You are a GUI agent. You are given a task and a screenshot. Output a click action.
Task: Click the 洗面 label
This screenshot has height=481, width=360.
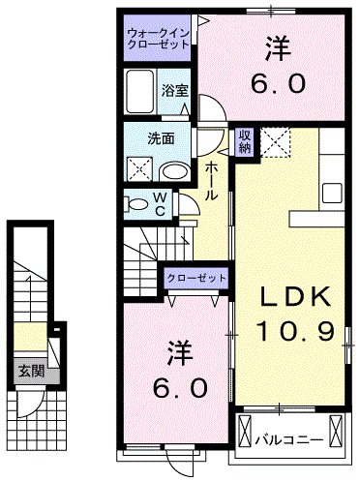(x=162, y=137)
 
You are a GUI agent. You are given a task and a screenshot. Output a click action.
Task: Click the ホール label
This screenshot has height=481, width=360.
(x=210, y=180)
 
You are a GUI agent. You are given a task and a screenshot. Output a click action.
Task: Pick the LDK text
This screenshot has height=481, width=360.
(x=294, y=296)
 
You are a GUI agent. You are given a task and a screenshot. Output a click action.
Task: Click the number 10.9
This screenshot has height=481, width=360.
(x=295, y=332)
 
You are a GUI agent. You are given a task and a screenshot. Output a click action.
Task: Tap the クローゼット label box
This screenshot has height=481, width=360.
(x=196, y=279)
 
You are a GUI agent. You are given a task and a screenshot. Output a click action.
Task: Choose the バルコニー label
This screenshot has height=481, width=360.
(x=288, y=439)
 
